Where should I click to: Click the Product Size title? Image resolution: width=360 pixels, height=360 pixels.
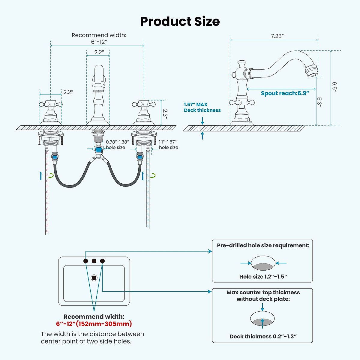[x=180, y=22]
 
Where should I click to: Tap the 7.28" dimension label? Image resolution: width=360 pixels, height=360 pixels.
[x=277, y=36]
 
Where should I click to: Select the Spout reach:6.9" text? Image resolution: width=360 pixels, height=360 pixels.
[x=285, y=93]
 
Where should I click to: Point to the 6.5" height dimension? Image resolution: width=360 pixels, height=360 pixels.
[x=334, y=87]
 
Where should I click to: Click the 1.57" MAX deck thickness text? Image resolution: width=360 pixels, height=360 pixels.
[x=202, y=107]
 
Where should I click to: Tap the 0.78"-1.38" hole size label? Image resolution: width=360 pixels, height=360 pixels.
[x=117, y=145]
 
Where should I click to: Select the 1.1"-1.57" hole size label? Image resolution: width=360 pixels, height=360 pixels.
[x=168, y=145]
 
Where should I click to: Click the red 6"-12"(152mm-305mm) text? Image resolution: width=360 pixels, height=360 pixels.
[x=94, y=324]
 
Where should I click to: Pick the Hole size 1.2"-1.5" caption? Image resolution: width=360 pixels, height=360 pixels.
[x=263, y=277]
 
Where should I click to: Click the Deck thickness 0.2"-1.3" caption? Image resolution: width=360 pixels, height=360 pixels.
[x=263, y=337]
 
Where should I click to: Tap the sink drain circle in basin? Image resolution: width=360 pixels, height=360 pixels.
[x=94, y=278]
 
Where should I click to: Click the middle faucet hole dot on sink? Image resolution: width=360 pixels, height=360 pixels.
[x=94, y=261]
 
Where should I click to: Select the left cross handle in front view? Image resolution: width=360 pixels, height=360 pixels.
[x=51, y=105]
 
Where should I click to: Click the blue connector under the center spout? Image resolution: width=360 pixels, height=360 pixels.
[x=98, y=150]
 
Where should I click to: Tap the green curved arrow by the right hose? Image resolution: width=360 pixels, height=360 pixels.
[x=153, y=175]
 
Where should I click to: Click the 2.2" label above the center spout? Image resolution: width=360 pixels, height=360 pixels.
[x=99, y=52]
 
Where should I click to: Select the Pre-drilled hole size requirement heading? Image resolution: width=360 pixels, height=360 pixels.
[x=263, y=245]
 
